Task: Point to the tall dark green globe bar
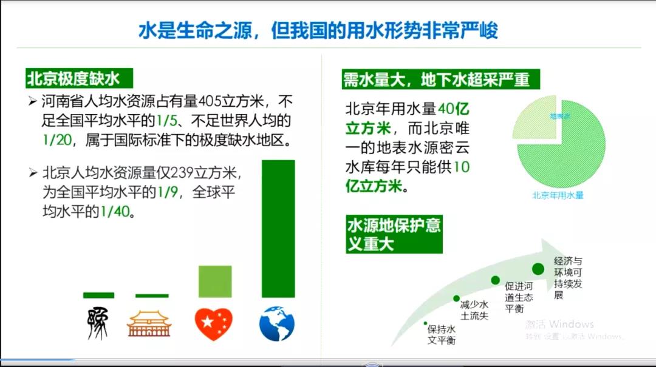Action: click(278, 229)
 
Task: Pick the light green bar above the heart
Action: click(215, 281)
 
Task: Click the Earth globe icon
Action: click(277, 323)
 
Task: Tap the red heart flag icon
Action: click(214, 324)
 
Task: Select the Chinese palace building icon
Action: click(149, 324)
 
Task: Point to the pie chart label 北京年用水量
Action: click(558, 195)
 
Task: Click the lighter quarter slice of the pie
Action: click(535, 118)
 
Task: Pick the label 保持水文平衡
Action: click(441, 335)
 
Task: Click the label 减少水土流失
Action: click(474, 310)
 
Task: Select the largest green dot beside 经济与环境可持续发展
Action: click(538, 268)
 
